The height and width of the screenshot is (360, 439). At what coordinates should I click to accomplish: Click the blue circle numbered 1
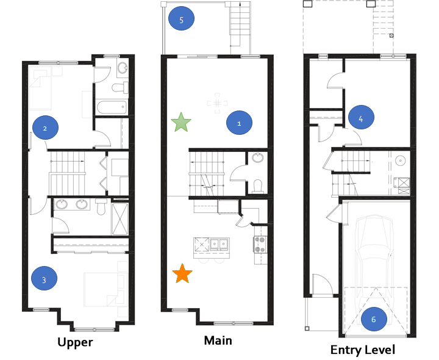[239, 123]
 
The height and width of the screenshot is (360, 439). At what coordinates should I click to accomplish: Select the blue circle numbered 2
[45, 128]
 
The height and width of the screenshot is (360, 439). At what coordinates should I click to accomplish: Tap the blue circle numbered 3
[45, 278]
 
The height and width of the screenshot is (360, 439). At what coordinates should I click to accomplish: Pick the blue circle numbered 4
[361, 117]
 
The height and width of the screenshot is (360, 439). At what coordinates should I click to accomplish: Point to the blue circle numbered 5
[181, 18]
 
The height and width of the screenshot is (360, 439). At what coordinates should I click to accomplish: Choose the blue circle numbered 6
[374, 319]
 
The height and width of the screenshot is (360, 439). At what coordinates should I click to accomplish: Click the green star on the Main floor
[181, 122]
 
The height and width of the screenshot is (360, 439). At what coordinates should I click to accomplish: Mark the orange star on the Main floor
[182, 273]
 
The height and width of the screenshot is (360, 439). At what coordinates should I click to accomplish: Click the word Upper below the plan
[76, 342]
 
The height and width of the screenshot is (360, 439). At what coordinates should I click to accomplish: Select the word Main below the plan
[218, 340]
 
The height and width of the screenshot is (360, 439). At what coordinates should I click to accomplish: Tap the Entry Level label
[363, 350]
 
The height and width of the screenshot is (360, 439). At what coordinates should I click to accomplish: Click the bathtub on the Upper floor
[112, 107]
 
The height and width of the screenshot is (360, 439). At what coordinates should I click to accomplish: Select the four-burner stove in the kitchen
[260, 244]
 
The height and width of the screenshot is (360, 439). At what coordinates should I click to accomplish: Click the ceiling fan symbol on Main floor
[217, 103]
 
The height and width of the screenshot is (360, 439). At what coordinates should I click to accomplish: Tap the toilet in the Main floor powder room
[257, 187]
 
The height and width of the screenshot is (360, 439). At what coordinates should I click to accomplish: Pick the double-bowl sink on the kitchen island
[219, 243]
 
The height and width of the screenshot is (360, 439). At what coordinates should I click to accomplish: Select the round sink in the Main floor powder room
[257, 157]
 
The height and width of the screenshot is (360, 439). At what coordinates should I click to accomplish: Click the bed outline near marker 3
[104, 289]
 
